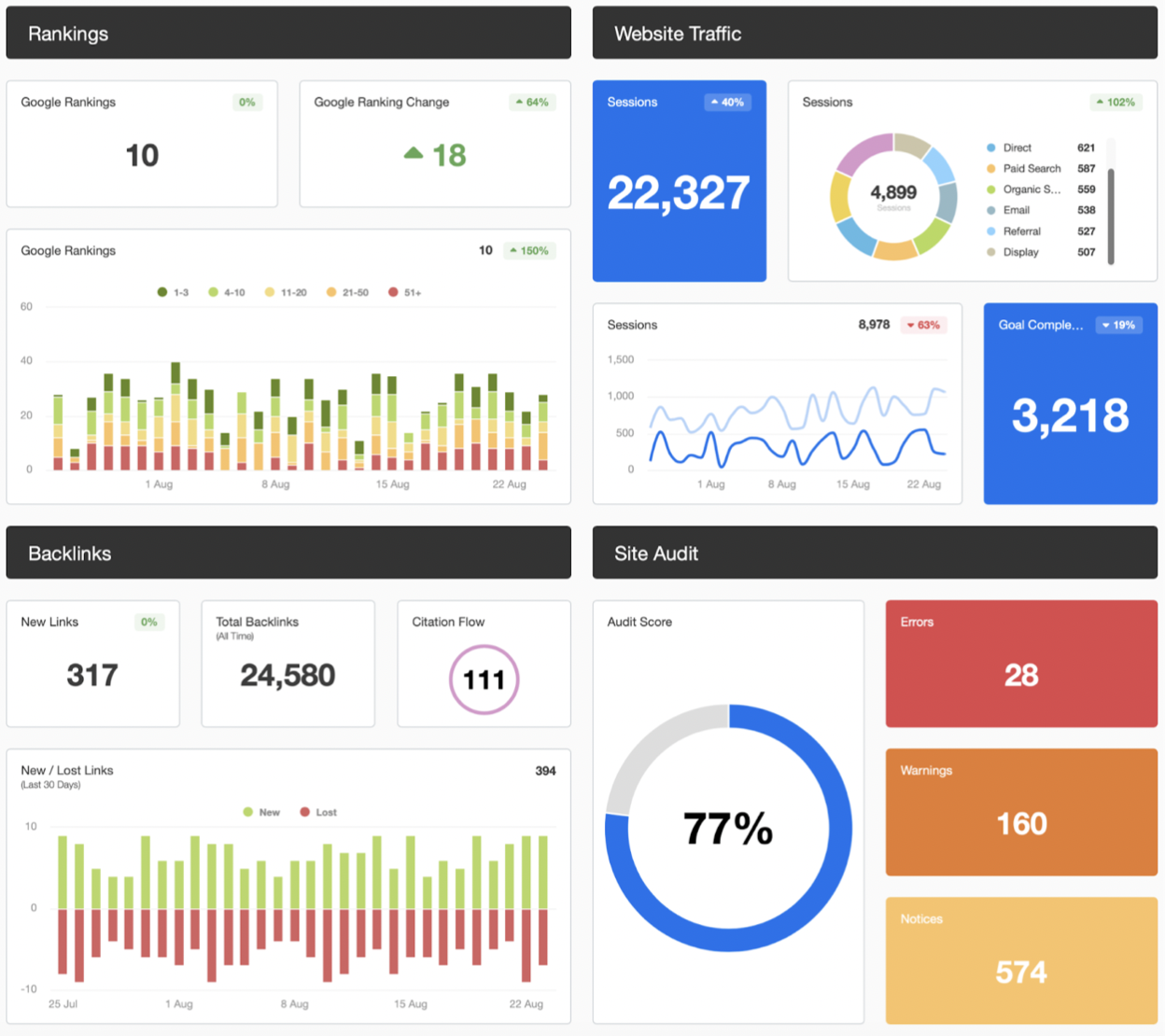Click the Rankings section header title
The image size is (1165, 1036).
(68, 34)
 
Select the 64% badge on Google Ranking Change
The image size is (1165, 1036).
(532, 103)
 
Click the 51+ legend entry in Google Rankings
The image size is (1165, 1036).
(405, 292)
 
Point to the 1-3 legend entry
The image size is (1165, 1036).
(174, 292)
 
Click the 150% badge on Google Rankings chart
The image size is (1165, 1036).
(529, 251)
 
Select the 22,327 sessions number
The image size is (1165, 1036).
(679, 193)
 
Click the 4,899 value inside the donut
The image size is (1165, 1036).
(893, 192)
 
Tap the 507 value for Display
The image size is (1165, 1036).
(1086, 252)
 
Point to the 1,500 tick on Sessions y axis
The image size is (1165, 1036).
(620, 359)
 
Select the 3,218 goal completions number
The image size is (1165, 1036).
(1070, 415)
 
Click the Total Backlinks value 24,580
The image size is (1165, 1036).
(288, 675)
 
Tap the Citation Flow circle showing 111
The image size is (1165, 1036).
(484, 679)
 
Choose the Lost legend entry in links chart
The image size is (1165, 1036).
(318, 812)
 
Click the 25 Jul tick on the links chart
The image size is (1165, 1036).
(63, 1004)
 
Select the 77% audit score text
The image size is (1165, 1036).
(728, 828)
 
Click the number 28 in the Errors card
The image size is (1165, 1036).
(1021, 675)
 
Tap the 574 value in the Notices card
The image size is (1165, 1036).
(1021, 973)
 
